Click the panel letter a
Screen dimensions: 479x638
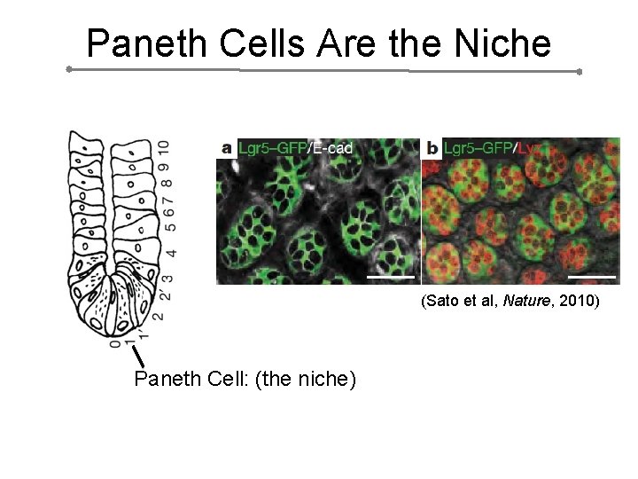tap(228, 148)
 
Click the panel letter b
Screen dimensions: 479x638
tap(432, 148)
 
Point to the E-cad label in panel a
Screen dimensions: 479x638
tap(332, 148)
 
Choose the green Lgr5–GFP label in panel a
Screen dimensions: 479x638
tap(272, 148)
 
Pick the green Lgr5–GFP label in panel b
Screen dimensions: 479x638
tap(477, 148)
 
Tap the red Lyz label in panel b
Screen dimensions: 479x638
tap(530, 148)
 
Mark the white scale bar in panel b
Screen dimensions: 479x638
tap(591, 276)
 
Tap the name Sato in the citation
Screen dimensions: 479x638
tap(443, 302)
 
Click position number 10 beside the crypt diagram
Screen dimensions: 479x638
tap(163, 147)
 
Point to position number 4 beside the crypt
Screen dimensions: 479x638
tap(170, 253)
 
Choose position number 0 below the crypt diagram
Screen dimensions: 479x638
tap(114, 343)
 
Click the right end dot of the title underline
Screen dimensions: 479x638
tap(579, 72)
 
